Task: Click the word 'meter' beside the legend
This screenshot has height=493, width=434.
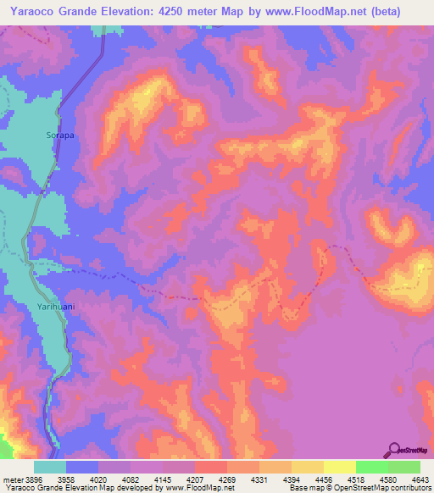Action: click(11, 479)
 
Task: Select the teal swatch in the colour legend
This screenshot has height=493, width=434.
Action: click(50, 467)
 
